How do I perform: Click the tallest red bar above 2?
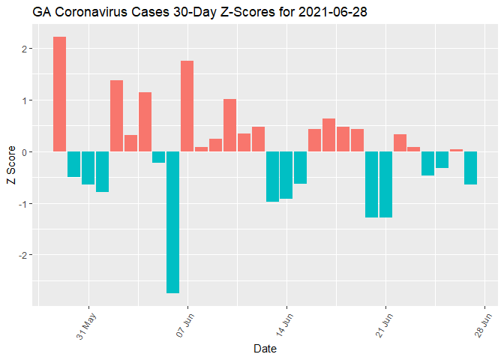(60, 94)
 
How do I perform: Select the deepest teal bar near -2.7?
(172, 222)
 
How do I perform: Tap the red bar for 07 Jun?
(187, 106)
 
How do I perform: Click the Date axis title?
(265, 349)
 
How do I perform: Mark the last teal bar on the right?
(470, 168)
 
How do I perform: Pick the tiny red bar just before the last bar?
(456, 150)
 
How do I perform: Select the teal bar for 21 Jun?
(385, 184)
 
